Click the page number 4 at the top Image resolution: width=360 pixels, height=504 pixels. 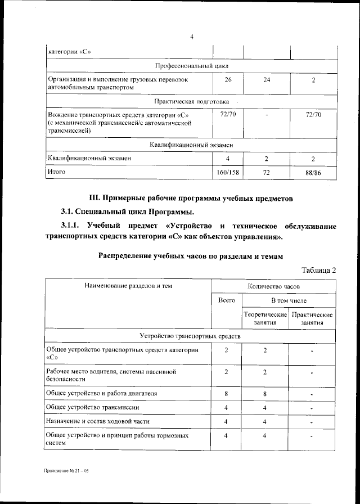pos(192,37)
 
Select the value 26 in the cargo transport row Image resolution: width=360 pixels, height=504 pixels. pos(227,80)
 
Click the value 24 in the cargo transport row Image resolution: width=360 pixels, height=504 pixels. pos(267,80)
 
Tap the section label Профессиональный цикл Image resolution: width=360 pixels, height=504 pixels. pos(191,66)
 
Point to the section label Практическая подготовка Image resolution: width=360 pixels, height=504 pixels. pos(191,101)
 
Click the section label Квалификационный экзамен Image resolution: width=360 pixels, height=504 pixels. pos(191,145)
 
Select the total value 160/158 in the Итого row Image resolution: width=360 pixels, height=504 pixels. pos(227,173)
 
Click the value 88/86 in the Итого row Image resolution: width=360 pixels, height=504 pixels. pos(313,173)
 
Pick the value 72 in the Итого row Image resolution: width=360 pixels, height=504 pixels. pos(267,173)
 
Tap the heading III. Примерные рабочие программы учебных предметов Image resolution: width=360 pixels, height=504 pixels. pos(191,198)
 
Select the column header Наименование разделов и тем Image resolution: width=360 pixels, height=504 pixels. pos(128,286)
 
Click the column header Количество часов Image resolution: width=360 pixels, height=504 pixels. pos(274,286)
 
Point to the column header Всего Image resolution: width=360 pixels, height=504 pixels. pos(227,300)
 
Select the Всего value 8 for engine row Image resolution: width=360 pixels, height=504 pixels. pos(227,394)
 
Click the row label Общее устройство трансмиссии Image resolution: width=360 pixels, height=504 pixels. pos(93,407)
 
